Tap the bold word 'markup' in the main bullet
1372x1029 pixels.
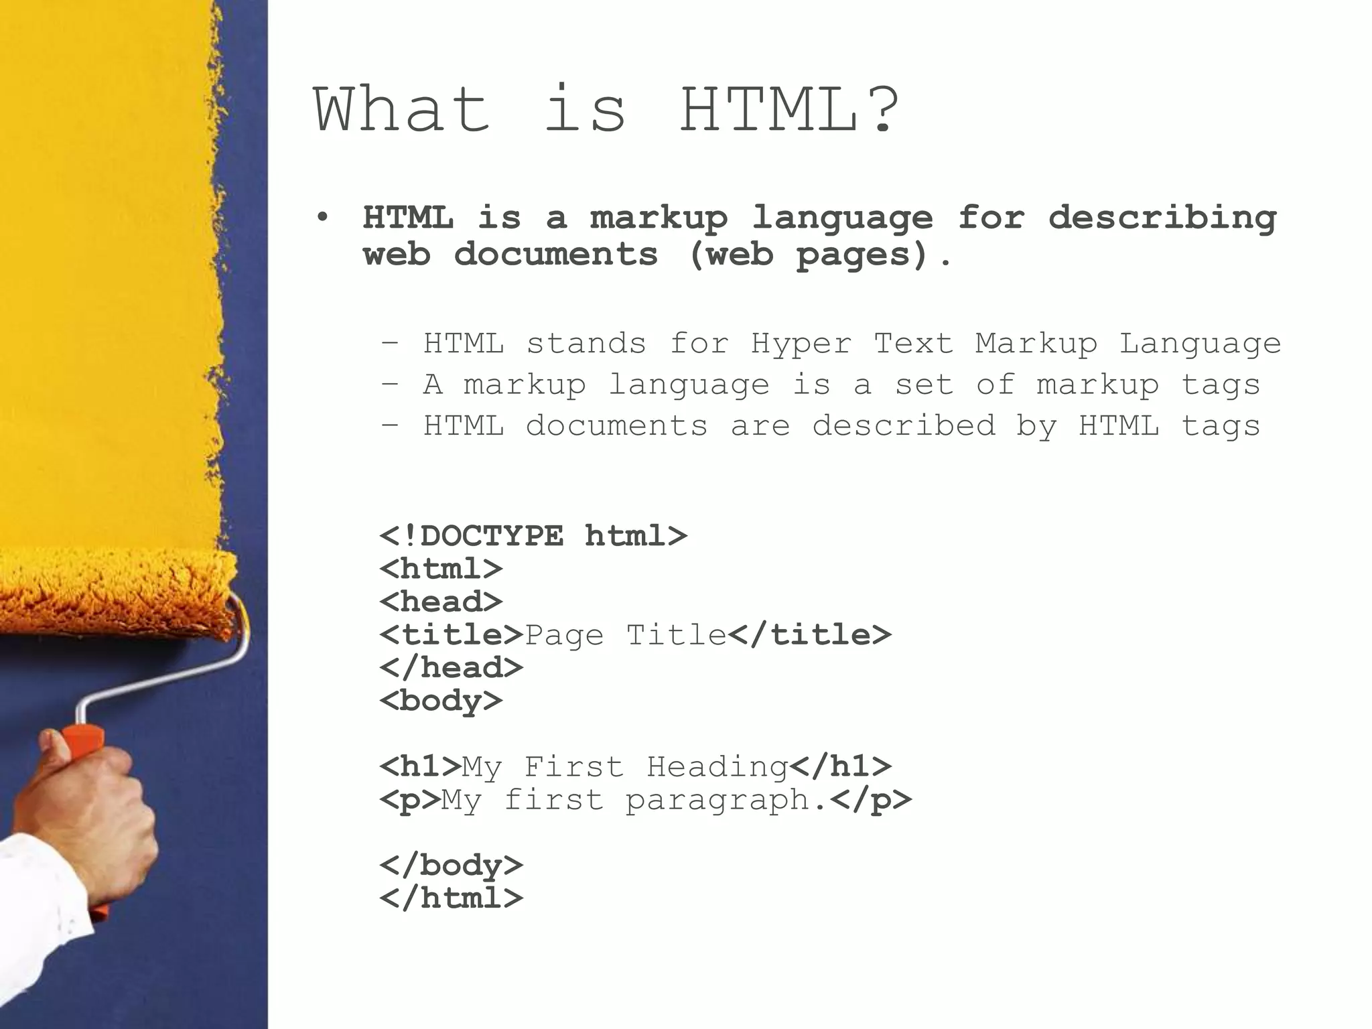pos(659,218)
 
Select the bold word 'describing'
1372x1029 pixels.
pos(1162,218)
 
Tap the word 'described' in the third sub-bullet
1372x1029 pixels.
pos(904,426)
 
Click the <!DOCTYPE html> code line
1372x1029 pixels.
pos(533,536)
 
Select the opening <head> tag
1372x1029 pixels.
pos(441,602)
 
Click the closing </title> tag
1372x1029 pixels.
pos(809,634)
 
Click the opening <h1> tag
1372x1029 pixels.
pos(420,766)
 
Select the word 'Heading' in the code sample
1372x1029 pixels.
pos(717,766)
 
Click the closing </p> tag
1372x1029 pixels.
pos(870,800)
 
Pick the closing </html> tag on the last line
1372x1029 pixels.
pos(451,898)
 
